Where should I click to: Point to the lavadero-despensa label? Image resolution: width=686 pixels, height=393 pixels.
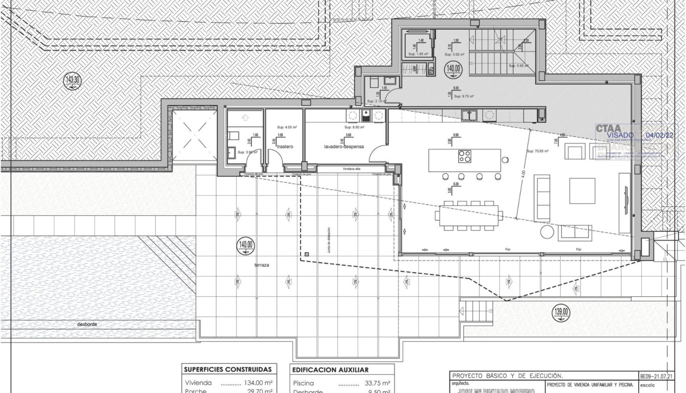tap(343, 147)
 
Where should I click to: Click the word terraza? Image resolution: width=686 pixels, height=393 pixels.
tap(262, 265)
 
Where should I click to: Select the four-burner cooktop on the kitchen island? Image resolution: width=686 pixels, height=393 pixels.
tap(464, 156)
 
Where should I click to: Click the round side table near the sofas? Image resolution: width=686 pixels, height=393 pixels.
tap(548, 231)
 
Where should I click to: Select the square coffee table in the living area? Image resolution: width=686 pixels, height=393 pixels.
tap(582, 191)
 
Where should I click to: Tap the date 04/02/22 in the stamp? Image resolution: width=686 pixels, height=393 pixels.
tap(659, 135)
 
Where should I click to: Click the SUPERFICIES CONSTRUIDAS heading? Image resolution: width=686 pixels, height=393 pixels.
tap(227, 370)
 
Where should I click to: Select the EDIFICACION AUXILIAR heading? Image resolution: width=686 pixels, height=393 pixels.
tap(330, 370)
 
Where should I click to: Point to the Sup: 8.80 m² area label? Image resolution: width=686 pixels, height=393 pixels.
tap(354, 127)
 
